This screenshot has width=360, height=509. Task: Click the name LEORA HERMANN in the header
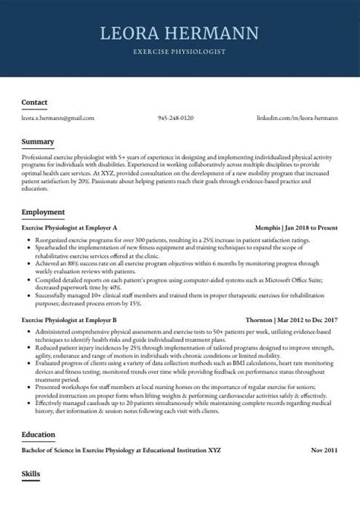(x=179, y=33)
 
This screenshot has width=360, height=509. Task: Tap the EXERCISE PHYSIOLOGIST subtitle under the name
(x=179, y=52)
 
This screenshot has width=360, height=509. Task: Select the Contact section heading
(x=35, y=102)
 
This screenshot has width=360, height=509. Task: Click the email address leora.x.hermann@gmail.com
(x=58, y=119)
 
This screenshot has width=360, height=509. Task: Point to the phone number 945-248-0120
(x=175, y=119)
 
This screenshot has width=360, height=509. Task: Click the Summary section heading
(x=38, y=141)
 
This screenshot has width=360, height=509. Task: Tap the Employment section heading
(x=43, y=211)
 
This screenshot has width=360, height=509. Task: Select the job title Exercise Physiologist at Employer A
(x=70, y=227)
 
